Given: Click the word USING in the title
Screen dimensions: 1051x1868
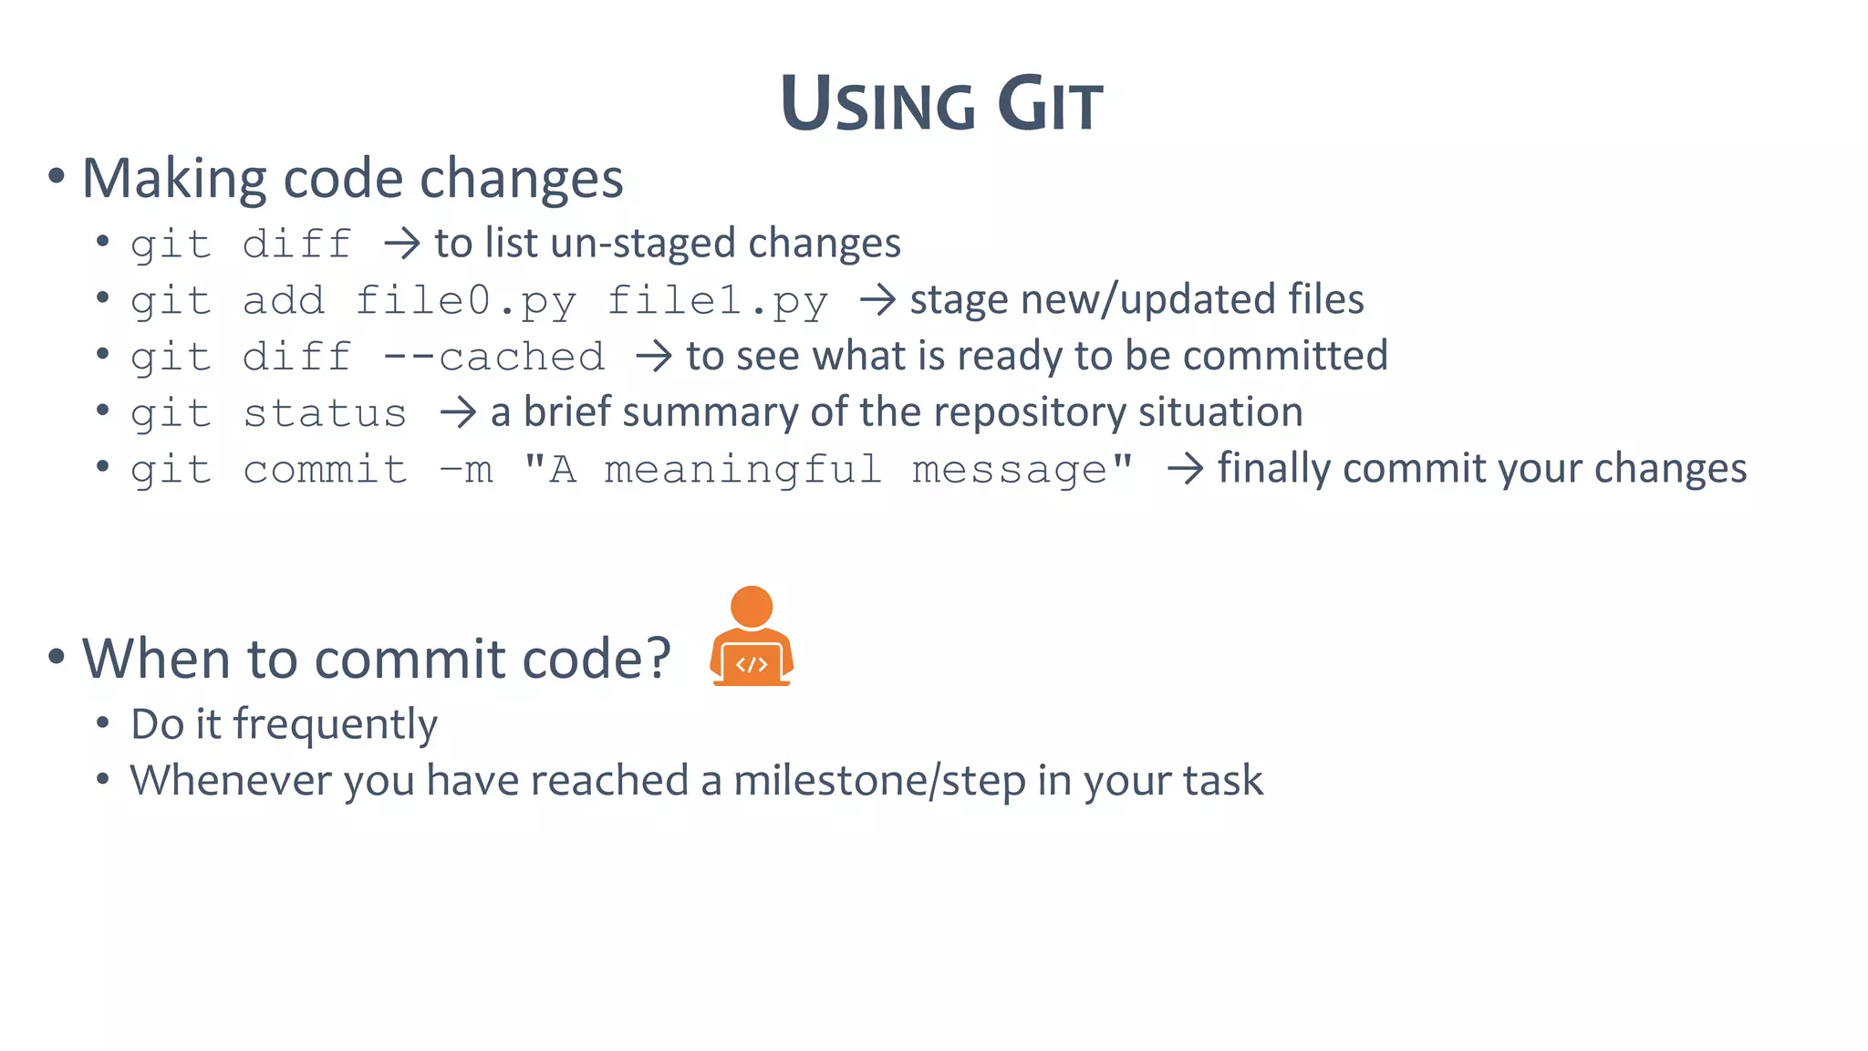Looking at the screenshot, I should pos(877,104).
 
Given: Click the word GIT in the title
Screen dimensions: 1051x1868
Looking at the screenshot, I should pos(1050,104).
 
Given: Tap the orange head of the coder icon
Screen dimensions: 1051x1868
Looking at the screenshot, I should pos(752,607).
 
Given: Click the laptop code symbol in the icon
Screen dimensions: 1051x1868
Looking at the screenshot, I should pos(752,664).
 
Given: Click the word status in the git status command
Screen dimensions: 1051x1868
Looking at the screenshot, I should pos(325,414).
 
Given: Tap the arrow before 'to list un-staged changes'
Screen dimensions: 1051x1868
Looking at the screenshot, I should pos(401,244).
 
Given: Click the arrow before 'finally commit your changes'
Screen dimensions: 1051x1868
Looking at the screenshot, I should pos(1185,469).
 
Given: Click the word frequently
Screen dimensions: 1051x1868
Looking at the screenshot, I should pos(335,725).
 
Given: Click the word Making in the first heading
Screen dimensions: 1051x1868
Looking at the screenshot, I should pos(173,179).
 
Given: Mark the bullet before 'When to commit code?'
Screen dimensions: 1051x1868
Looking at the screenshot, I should pos(57,656).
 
